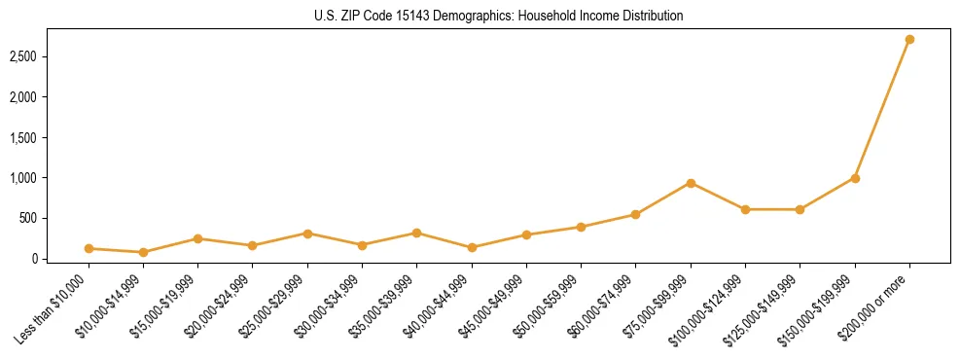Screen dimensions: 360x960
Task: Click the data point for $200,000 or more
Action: click(909, 39)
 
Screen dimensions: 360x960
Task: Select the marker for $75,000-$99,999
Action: click(691, 183)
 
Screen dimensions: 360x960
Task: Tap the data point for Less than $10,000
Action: click(89, 248)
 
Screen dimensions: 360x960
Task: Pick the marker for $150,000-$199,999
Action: click(855, 178)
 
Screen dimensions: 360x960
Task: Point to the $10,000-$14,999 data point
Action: click(143, 252)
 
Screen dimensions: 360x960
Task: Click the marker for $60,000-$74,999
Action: click(635, 214)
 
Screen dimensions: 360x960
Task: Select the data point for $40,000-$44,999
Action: click(472, 247)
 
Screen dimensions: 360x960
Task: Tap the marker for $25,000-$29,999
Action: click(307, 234)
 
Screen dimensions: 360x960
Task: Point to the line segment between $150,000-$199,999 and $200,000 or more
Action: click(882, 109)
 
